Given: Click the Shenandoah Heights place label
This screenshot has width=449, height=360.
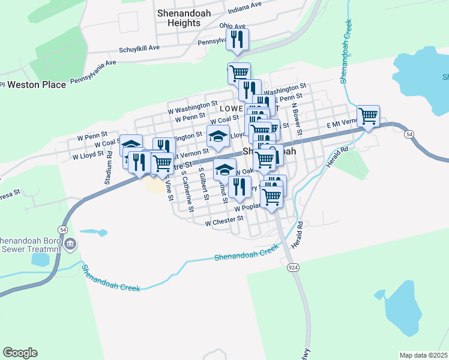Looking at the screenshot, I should (x=187, y=17).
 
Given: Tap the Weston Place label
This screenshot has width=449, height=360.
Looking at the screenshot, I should (x=37, y=85).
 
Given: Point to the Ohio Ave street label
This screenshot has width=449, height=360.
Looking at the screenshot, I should (x=232, y=26).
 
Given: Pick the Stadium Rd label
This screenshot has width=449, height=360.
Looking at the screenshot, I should (x=109, y=171).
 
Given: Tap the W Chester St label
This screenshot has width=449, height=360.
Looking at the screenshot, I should (x=224, y=222).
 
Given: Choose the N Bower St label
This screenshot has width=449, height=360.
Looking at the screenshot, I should (x=296, y=118).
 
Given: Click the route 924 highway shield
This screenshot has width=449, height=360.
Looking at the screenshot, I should (x=294, y=267).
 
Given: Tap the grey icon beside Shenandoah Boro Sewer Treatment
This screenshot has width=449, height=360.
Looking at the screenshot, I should (x=71, y=244).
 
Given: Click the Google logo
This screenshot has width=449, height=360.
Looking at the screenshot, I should (x=20, y=353).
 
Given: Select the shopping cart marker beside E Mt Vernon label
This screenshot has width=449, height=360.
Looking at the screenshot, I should (x=368, y=115).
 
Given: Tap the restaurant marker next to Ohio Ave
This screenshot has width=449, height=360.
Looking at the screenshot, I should (x=237, y=40).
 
